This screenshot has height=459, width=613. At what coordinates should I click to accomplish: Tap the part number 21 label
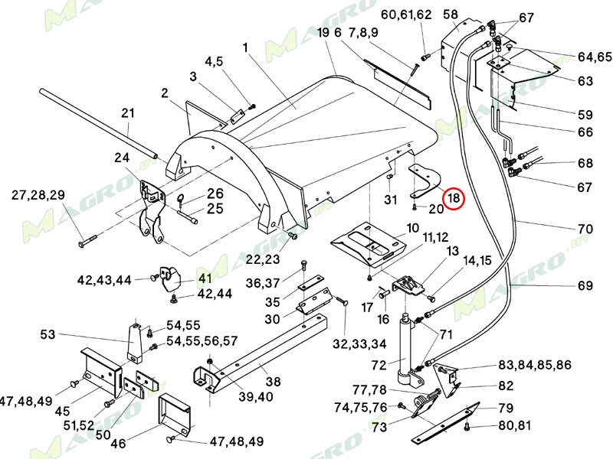coord(128,113)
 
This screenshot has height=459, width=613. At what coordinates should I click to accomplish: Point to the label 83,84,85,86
coord(535,364)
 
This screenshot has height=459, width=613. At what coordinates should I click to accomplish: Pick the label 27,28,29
coord(38,195)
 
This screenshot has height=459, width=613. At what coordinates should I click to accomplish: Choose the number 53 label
coord(48,334)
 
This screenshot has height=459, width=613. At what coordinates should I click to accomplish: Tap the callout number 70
coord(585,228)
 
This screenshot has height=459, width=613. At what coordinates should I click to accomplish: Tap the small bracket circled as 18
coord(425,179)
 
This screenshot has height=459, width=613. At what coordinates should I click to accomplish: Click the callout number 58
coord(451,15)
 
